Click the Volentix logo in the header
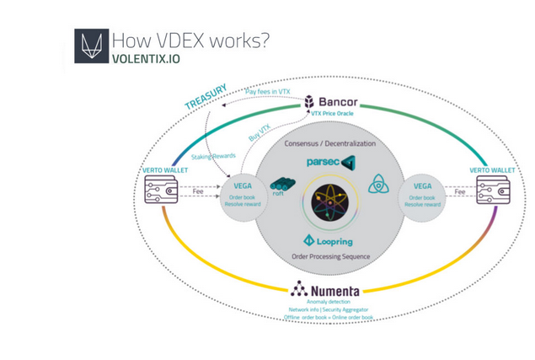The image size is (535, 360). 90,46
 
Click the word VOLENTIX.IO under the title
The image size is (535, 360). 146,59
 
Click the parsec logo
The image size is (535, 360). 329,161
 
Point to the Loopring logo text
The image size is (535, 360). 335,241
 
